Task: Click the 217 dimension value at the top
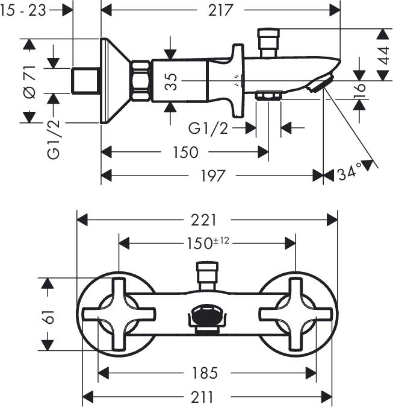pyautogui.click(x=220, y=10)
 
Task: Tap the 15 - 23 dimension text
pyautogui.click(x=23, y=10)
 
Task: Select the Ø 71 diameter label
pyautogui.click(x=30, y=82)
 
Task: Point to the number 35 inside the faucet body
pyautogui.click(x=172, y=81)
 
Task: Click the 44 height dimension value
pyautogui.click(x=383, y=55)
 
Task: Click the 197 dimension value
pyautogui.click(x=212, y=175)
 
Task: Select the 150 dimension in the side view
pyautogui.click(x=185, y=152)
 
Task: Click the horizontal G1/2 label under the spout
pyautogui.click(x=209, y=128)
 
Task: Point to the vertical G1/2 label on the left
pyautogui.click(x=54, y=139)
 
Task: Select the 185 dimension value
pyautogui.click(x=205, y=373)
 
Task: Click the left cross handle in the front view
pyautogui.click(x=119, y=314)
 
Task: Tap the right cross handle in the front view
pyautogui.click(x=296, y=314)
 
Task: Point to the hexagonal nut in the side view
pyautogui.click(x=141, y=81)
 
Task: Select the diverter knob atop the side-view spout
pyautogui.click(x=268, y=42)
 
